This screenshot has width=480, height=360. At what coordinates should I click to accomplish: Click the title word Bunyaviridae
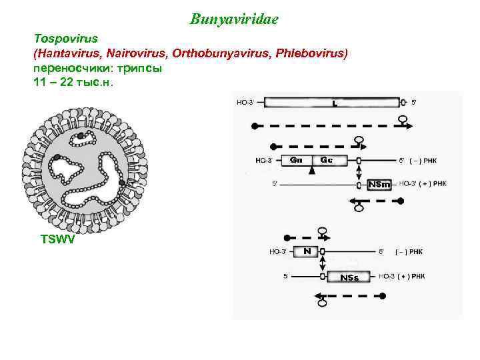(233, 19)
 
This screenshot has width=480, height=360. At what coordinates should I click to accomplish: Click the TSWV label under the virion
(58, 239)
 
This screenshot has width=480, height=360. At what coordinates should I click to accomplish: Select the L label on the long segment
(334, 103)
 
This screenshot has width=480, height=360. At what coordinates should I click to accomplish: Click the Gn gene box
(298, 160)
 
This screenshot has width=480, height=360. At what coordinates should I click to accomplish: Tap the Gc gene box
(327, 160)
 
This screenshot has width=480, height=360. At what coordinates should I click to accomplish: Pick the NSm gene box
(379, 183)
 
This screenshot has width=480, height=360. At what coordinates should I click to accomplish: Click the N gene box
(306, 251)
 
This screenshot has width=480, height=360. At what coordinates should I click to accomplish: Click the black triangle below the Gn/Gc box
(311, 171)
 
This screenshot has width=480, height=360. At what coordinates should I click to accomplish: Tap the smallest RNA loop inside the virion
(82, 137)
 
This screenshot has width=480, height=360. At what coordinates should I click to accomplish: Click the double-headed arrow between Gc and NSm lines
(359, 171)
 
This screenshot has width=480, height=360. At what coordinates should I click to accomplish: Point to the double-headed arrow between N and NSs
(321, 264)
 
